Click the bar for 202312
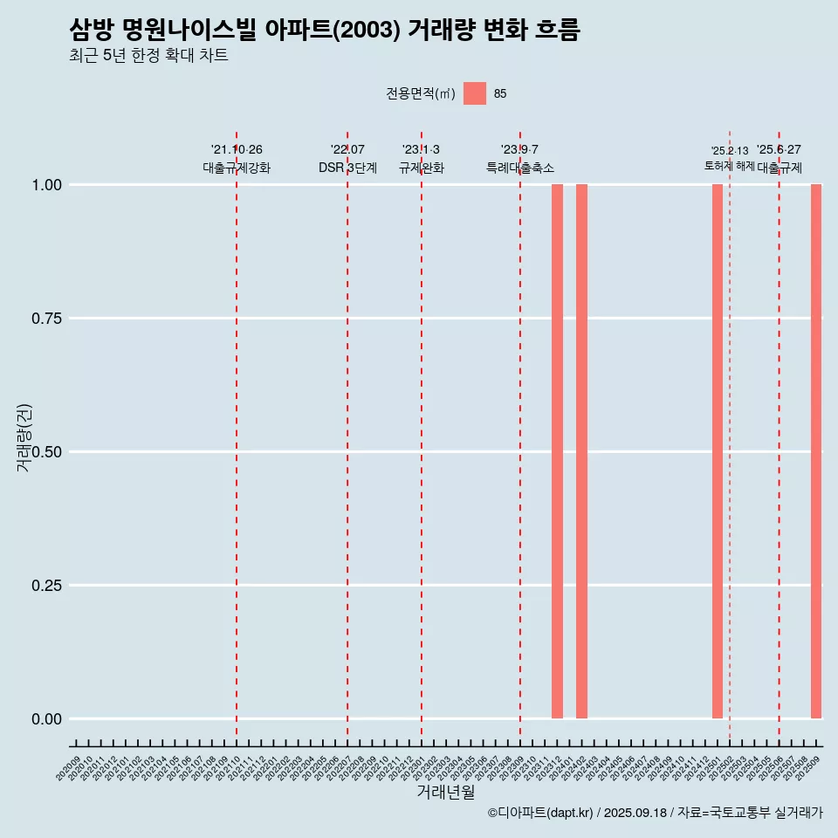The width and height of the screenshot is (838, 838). coord(557,451)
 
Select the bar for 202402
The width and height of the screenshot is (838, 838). coord(581,451)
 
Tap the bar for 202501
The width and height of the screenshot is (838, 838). coord(718,451)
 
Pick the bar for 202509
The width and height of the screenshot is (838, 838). coord(816,451)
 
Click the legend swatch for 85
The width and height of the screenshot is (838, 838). coord(475,93)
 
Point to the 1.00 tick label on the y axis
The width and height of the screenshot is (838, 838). coord(47,185)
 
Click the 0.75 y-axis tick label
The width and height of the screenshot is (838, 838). coord(47,319)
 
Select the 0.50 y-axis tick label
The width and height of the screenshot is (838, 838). coord(47,452)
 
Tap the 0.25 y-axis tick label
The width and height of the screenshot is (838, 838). coord(47,586)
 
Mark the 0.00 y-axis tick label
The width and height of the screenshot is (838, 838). coord(47,719)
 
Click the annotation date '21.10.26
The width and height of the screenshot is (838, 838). coord(237,150)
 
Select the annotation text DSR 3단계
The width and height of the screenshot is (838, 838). coord(347,168)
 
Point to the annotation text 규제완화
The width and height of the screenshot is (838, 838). coord(422,168)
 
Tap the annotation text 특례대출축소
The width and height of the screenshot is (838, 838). coord(520,168)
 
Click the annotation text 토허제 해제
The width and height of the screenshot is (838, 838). coord(730,166)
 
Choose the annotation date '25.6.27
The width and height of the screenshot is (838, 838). coord(779,150)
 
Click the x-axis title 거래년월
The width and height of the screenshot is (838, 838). coord(446,793)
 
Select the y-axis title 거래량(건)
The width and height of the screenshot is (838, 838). coord(24,437)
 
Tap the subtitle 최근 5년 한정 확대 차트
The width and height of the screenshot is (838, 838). coord(148,56)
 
